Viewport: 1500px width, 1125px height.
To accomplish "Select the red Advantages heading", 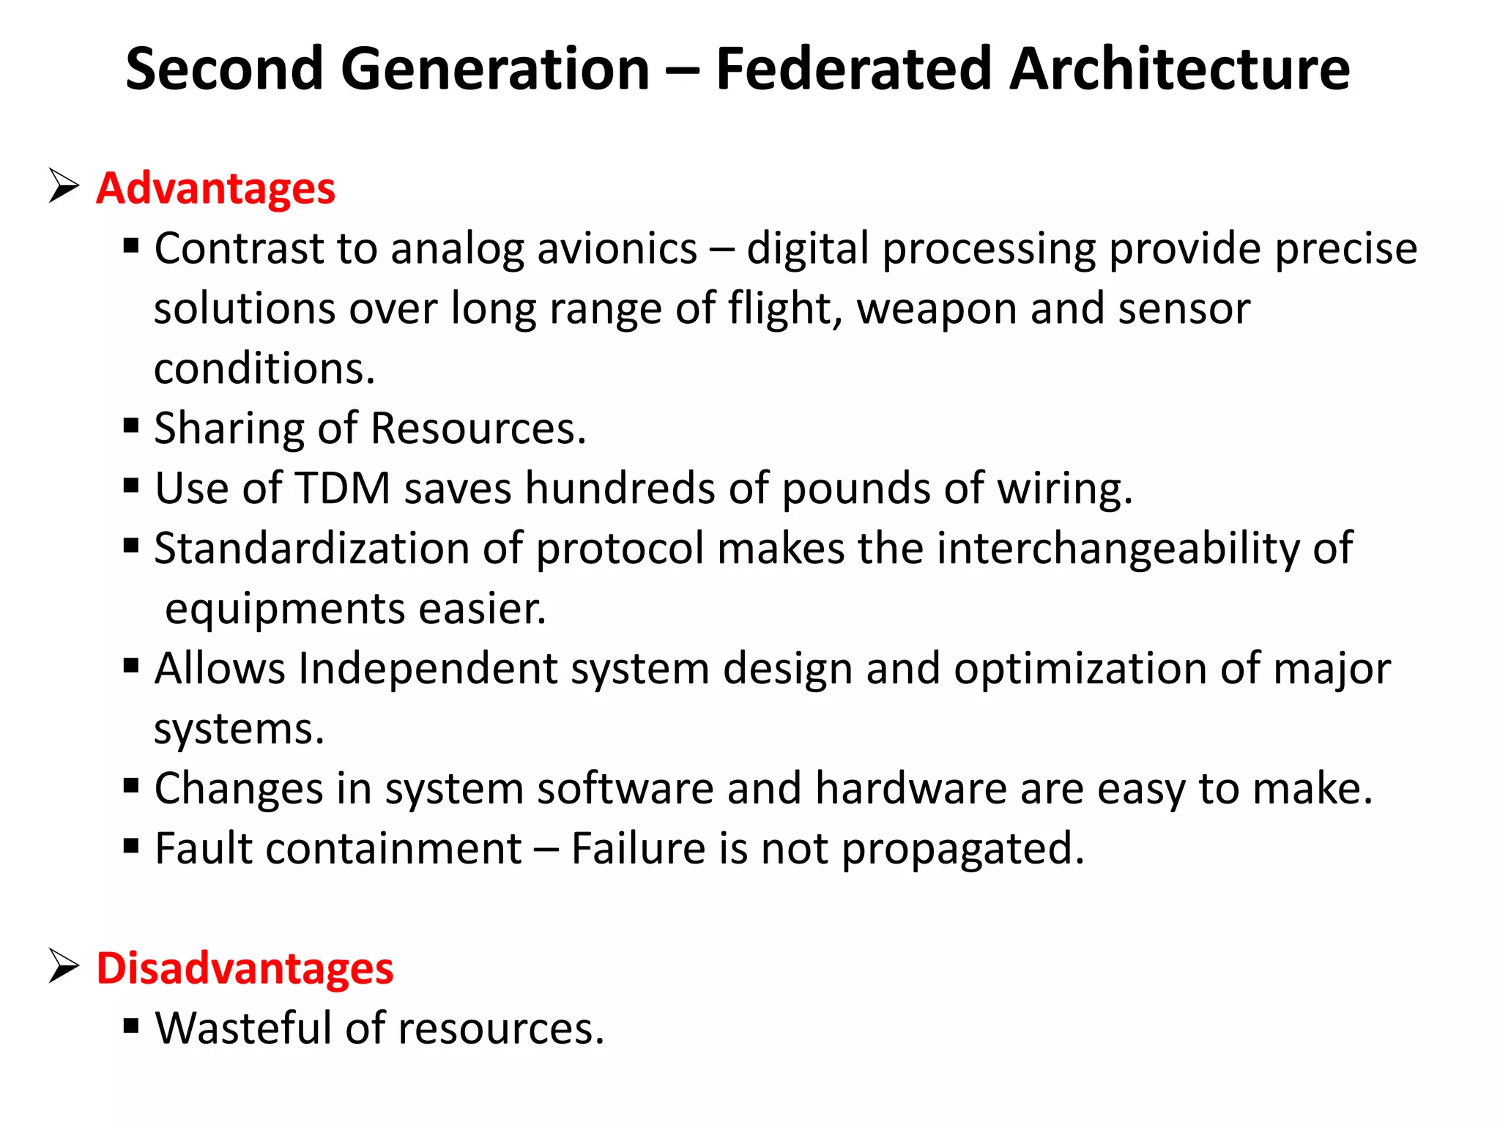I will click(x=215, y=188).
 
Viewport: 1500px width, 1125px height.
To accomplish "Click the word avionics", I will click(x=617, y=248).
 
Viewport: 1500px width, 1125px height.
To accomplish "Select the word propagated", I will click(x=962, y=850).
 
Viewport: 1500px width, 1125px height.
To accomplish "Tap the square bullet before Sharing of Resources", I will click(x=132, y=426).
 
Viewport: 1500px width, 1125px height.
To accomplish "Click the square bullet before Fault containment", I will click(x=132, y=846).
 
